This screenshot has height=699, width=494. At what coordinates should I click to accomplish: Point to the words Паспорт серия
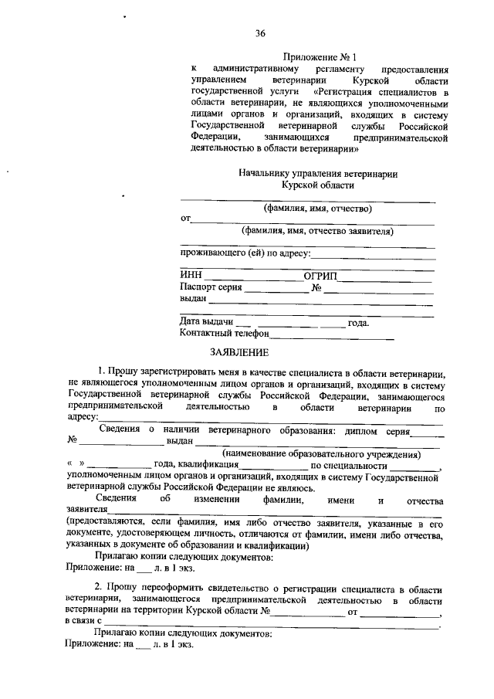coord(211,287)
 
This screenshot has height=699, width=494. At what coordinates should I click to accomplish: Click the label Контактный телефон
coord(224,334)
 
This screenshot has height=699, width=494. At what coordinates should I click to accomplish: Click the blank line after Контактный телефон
coord(332,336)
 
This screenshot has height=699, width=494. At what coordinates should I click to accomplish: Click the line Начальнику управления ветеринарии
coord(318,174)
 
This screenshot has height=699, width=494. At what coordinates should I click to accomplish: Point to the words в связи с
coord(85,620)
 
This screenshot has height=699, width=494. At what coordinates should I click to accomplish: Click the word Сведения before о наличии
coord(124,429)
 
